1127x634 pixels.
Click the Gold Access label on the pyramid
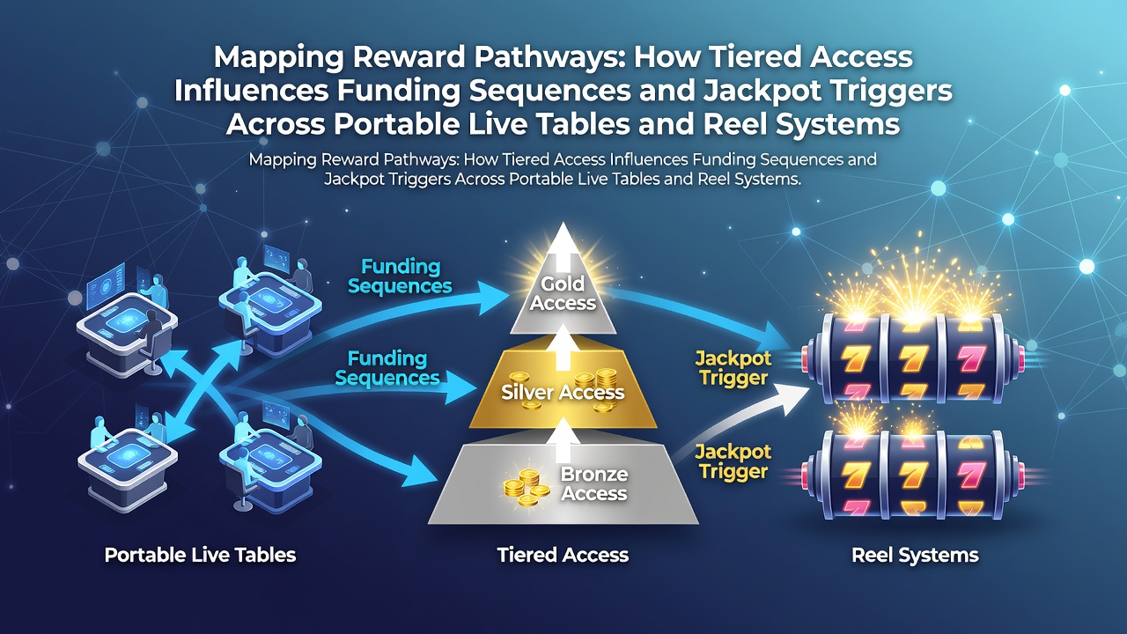point(563,293)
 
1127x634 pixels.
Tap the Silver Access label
point(563,392)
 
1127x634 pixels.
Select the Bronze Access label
point(594,483)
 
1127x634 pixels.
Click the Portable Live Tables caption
point(200,555)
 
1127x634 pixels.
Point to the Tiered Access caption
point(563,555)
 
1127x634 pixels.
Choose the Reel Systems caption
point(915,555)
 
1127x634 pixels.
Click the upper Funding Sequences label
point(400,276)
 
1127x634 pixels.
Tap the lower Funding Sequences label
point(387,368)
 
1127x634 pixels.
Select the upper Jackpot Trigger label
point(733,368)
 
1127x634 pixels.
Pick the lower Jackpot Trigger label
point(733,461)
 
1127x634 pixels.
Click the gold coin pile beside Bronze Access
point(527,487)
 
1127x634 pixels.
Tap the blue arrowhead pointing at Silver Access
point(460,388)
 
